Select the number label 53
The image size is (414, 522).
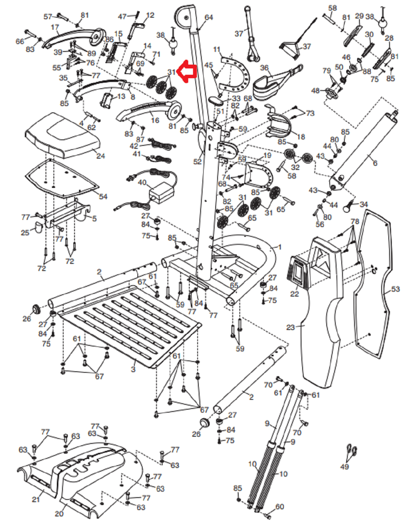point(396,289)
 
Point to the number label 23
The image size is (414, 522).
point(291,327)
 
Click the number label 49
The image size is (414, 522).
point(344,467)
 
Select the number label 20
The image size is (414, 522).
point(59,513)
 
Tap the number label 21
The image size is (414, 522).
point(36,499)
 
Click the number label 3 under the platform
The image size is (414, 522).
point(133,369)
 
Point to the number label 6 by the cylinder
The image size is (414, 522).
point(375,163)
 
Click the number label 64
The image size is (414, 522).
point(209,17)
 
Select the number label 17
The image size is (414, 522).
point(55,27)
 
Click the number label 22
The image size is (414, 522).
point(294,294)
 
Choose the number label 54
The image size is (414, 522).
point(103,196)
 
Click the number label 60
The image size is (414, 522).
point(280,507)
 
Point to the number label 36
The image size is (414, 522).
point(265,68)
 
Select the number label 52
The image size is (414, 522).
point(198,162)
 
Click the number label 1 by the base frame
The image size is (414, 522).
point(279,247)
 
